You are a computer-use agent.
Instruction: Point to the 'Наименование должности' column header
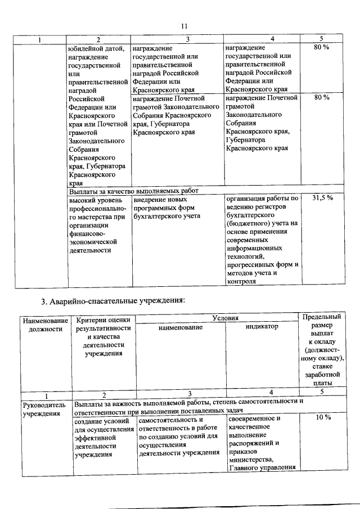click(45, 325)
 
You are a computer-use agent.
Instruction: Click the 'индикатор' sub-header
click(262, 326)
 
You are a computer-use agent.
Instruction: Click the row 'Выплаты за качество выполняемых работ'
click(134, 190)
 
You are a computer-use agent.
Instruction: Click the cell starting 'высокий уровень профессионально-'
click(96, 224)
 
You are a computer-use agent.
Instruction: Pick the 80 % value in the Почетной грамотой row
click(322, 97)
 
